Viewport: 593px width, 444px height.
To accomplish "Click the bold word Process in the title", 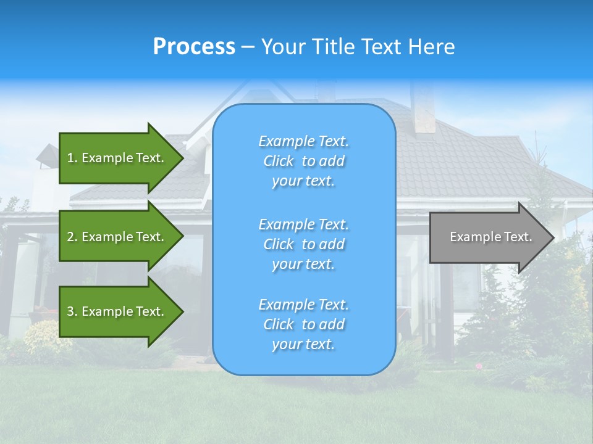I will point(194,47).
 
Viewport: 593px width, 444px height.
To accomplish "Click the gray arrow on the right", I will point(488,237).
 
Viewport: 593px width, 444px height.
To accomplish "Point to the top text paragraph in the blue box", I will point(303,161).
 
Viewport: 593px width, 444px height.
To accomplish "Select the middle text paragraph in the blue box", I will point(303,244).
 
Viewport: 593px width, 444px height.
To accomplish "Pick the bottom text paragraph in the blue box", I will point(303,324).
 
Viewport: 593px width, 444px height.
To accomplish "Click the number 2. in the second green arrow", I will point(72,237).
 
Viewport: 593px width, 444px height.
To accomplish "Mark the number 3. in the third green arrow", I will point(72,311).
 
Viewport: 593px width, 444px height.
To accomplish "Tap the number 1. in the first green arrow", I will point(72,158).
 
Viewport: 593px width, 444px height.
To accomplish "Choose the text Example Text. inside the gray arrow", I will point(490,237).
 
